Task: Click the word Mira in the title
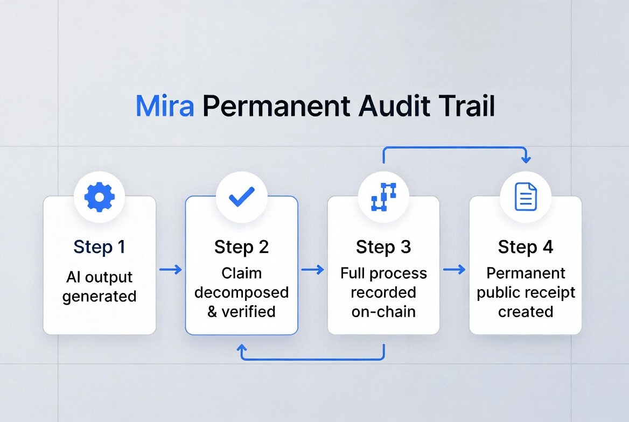tap(164, 107)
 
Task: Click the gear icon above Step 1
tap(100, 198)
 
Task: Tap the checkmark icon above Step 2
tap(241, 198)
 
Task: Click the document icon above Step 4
tap(526, 197)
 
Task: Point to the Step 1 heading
tap(100, 247)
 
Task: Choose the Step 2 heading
tap(241, 247)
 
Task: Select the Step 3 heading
tap(383, 247)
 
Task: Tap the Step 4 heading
tap(526, 247)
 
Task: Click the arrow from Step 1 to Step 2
tap(171, 270)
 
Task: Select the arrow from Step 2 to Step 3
tap(312, 270)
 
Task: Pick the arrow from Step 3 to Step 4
tap(454, 270)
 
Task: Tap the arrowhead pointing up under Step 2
tap(241, 350)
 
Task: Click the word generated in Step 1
tap(100, 297)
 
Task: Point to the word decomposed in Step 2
tap(241, 293)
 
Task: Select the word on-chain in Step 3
tap(383, 312)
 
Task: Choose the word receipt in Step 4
tap(551, 293)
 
